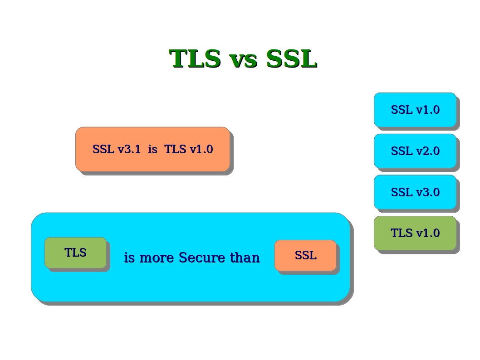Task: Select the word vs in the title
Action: (244, 59)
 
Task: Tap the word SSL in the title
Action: (291, 59)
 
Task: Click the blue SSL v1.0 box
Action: (415, 110)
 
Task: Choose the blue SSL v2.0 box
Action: (415, 151)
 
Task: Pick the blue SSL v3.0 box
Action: (415, 192)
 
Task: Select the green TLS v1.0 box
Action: (415, 233)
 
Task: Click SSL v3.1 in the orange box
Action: (117, 149)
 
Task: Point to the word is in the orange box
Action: (152, 149)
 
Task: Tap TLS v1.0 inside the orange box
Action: (189, 149)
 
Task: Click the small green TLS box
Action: (75, 253)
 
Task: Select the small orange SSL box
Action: (305, 255)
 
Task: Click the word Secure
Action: (201, 258)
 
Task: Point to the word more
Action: (157, 258)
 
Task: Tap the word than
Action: (245, 258)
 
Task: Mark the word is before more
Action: (129, 258)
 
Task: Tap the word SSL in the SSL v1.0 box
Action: (402, 110)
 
